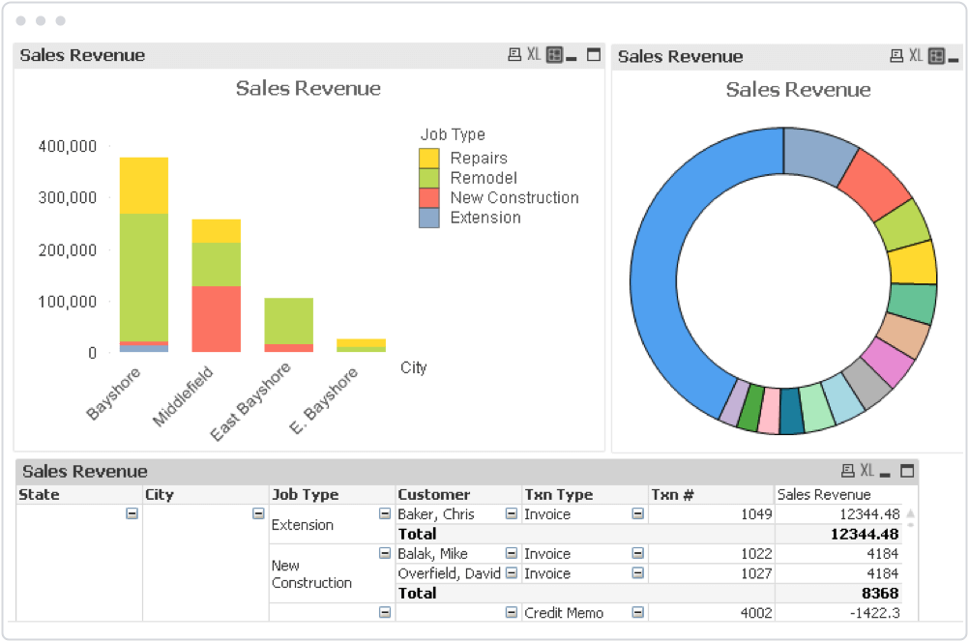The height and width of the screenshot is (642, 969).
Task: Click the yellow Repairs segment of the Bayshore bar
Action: [144, 186]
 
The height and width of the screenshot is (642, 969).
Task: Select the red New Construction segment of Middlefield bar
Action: [217, 319]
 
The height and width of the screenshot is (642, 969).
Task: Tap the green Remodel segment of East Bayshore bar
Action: [288, 321]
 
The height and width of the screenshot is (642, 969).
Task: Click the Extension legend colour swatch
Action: [428, 219]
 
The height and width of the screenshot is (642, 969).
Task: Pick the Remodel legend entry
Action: [484, 178]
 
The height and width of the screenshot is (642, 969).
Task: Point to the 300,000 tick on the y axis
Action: [68, 198]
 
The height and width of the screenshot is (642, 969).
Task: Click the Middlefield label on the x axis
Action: [183, 396]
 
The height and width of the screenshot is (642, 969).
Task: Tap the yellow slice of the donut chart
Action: [913, 263]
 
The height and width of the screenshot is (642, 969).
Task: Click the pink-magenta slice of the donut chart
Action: [887, 362]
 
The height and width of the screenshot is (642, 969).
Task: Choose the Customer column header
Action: [434, 495]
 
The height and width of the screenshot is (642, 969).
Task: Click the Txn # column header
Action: [672, 495]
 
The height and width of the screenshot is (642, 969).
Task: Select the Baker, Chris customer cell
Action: [436, 514]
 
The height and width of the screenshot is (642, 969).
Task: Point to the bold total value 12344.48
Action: [865, 534]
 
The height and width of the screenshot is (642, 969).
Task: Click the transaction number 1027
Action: [756, 574]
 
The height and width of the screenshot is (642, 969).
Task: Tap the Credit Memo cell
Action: [564, 613]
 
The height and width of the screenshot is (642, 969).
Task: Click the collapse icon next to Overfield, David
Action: [511, 572]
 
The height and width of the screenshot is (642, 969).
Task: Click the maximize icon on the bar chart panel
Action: [593, 55]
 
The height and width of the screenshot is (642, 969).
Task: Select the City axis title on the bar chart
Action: [414, 368]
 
